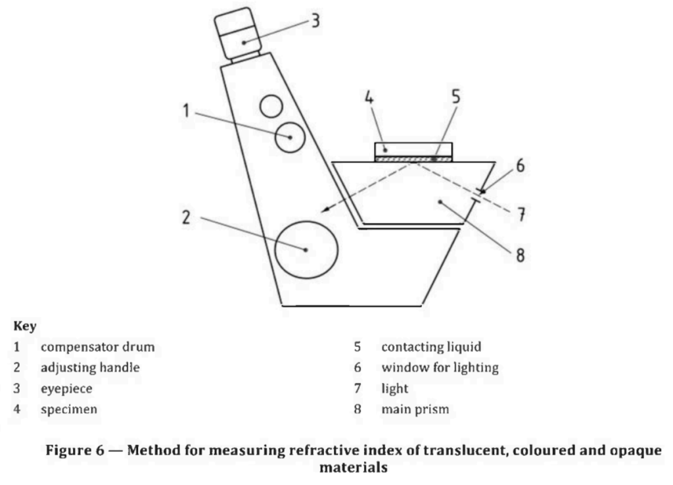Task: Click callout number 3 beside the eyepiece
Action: pos(315,20)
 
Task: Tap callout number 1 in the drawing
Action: pos(186,111)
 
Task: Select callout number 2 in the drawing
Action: pos(186,217)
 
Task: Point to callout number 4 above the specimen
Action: pos(369,97)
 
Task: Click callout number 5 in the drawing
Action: pos(456,97)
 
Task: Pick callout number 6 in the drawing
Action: pos(521,165)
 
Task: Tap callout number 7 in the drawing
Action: pos(521,214)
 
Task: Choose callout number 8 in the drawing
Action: pos(521,255)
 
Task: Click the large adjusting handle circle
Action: pos(306,221)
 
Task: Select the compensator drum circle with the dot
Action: pos(290,122)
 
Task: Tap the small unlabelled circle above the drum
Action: pos(271,95)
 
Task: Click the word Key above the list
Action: pos(25,326)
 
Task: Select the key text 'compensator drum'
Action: pos(98,347)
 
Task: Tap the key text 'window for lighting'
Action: pos(440,367)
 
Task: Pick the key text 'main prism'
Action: pos(415,409)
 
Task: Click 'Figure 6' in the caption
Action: pos(75,450)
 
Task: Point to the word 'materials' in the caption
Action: pos(354,467)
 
